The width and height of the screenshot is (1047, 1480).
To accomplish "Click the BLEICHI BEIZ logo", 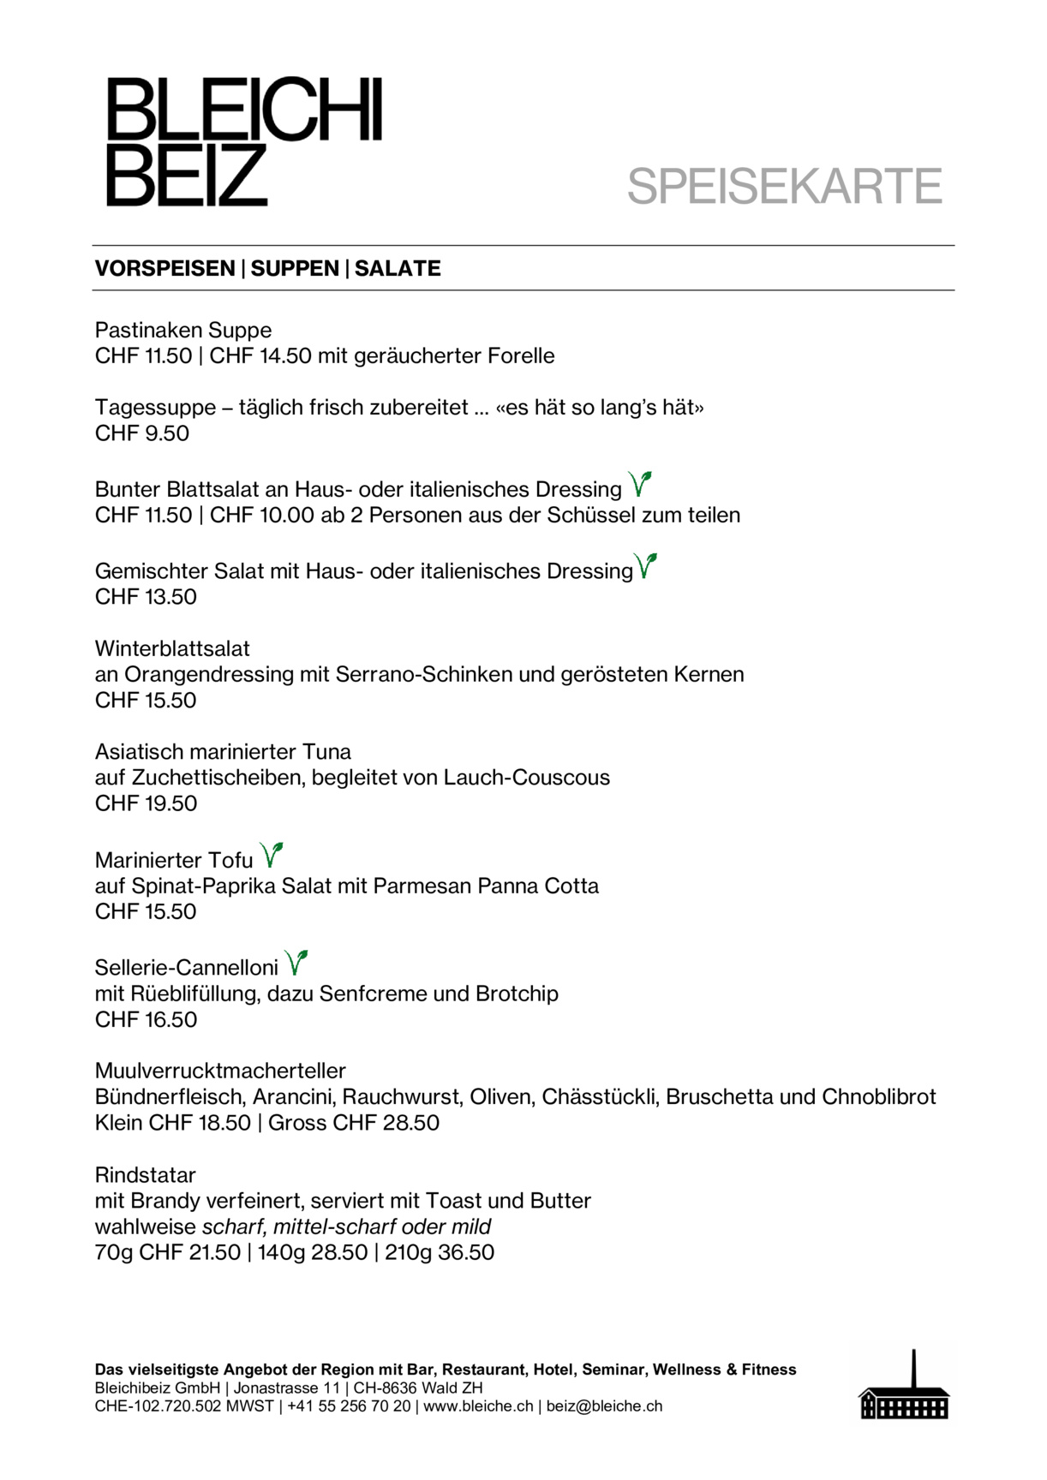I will pyautogui.click(x=243, y=142).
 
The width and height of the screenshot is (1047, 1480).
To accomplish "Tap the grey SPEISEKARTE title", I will pyautogui.click(x=784, y=187).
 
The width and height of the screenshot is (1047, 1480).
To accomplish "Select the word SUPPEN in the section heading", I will pyautogui.click(x=295, y=269).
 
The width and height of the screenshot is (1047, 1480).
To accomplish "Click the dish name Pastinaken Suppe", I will pyautogui.click(x=183, y=331).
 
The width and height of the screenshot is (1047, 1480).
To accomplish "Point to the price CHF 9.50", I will pyautogui.click(x=142, y=433).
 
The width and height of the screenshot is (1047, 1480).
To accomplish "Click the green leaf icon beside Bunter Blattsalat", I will pyautogui.click(x=640, y=485).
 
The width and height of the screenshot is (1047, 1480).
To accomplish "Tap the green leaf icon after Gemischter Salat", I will pyautogui.click(x=646, y=566).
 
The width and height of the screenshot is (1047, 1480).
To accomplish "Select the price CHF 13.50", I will pyautogui.click(x=146, y=597).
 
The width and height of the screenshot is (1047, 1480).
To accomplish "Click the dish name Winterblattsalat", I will pyautogui.click(x=172, y=648).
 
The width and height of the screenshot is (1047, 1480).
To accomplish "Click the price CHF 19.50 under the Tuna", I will pyautogui.click(x=146, y=803).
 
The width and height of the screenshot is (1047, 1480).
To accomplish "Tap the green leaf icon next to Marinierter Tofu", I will pyautogui.click(x=272, y=855).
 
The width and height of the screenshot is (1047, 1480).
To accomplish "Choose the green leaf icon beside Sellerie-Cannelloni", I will pyautogui.click(x=296, y=963).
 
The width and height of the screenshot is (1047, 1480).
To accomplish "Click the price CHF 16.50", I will pyautogui.click(x=146, y=1019).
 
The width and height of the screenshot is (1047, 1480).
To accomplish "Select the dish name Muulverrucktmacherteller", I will pyautogui.click(x=220, y=1071).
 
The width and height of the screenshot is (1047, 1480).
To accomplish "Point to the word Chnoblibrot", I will pyautogui.click(x=878, y=1097).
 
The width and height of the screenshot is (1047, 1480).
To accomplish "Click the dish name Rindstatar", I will pyautogui.click(x=146, y=1175).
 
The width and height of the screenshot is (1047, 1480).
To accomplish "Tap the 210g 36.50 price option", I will pyautogui.click(x=440, y=1252).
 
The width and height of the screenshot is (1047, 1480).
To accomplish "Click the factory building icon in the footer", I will pyautogui.click(x=904, y=1387).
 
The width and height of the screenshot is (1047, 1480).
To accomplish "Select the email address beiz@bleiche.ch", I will pyautogui.click(x=604, y=1406).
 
